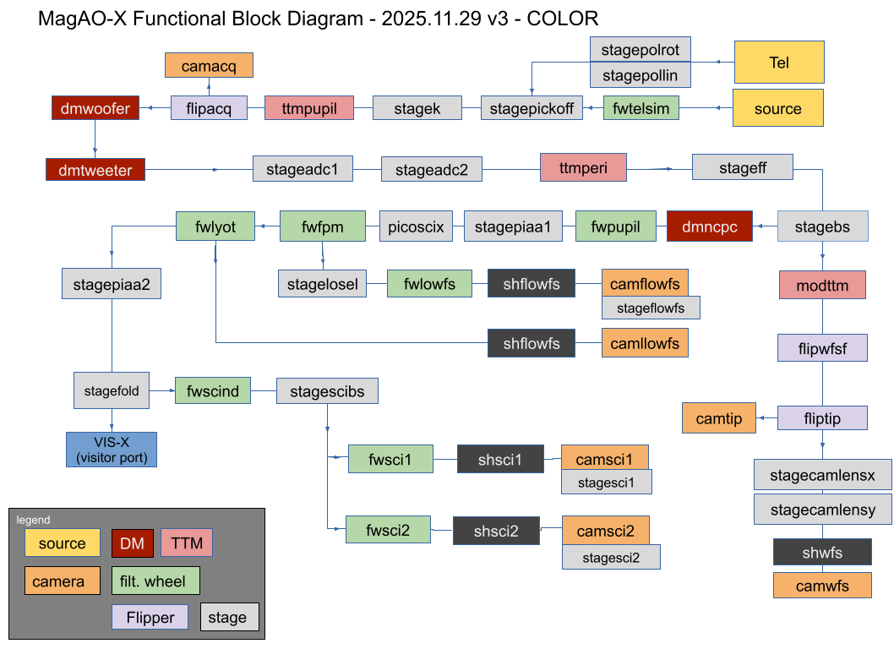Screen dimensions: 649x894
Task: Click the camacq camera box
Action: pos(208,65)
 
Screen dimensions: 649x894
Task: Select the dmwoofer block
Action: pos(95,107)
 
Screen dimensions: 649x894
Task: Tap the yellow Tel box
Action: pos(778,63)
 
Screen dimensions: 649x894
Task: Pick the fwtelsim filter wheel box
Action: pos(641,108)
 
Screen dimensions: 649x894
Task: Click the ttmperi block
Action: pos(584,166)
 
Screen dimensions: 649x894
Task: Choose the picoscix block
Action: pos(416,226)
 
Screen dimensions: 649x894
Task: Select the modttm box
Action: pos(822,286)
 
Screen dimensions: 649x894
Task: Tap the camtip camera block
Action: pos(718,418)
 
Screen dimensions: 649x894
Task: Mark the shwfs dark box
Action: pos(821,553)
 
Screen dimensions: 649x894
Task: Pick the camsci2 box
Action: pos(605,531)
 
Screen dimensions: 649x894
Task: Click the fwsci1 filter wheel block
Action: pos(390,461)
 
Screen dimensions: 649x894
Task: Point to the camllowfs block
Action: pos(645,342)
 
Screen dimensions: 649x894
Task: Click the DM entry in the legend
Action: pos(132,543)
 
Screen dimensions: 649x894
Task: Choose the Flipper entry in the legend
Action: pos(150,617)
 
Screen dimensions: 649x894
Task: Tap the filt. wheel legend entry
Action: pos(155,581)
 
